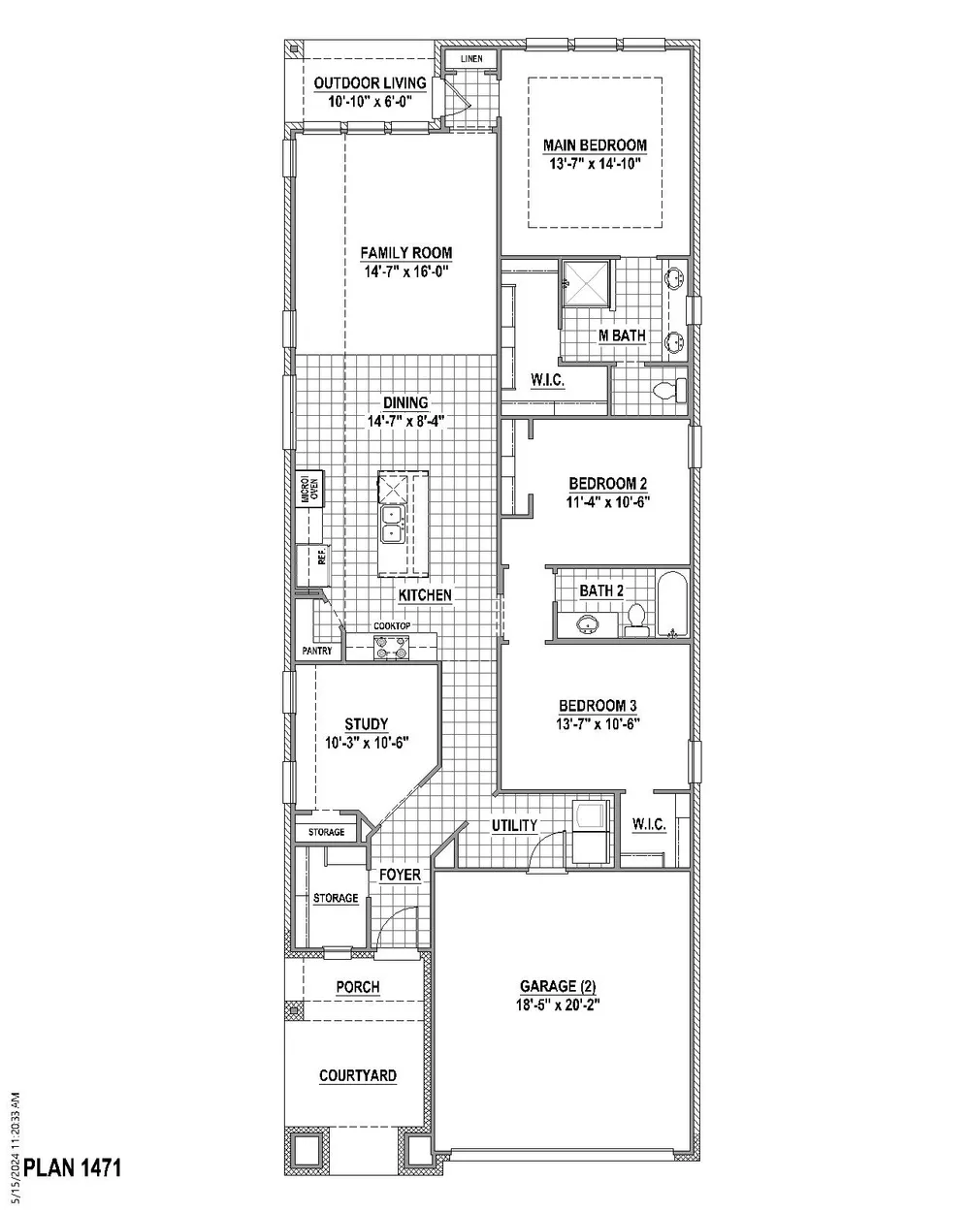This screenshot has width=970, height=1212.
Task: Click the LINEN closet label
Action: click(471, 58)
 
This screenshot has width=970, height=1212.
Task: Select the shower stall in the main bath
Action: click(586, 283)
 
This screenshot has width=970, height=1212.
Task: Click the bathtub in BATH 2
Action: click(672, 604)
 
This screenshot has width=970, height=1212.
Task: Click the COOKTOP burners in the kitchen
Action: click(392, 646)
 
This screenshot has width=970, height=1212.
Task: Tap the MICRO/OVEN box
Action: click(309, 489)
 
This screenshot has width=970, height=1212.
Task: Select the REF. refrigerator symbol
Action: click(312, 565)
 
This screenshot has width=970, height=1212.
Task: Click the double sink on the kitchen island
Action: click(392, 525)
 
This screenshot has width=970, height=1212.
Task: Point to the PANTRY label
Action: click(317, 651)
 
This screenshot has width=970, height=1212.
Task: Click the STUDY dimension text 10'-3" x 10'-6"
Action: click(367, 743)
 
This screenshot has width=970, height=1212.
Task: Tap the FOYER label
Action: click(400, 875)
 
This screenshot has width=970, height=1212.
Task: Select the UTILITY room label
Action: click(514, 826)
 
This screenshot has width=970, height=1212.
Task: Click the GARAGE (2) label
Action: click(558, 986)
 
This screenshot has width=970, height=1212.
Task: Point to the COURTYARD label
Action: click(358, 1075)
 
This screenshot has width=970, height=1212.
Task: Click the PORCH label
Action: click(358, 987)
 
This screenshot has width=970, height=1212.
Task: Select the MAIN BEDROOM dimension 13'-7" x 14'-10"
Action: click(596, 164)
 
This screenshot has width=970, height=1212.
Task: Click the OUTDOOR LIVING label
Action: click(370, 83)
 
